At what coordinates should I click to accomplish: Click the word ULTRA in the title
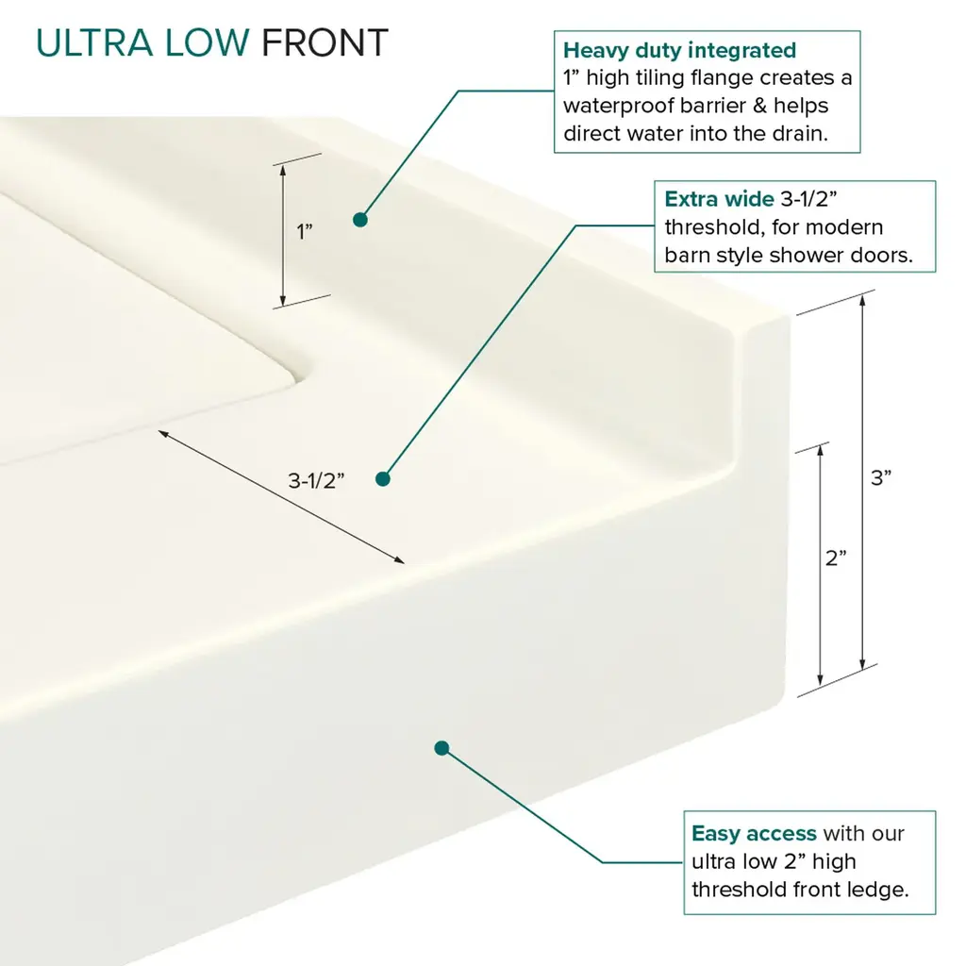(94, 43)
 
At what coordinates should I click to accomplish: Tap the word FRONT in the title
(325, 43)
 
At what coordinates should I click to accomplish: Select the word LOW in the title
(207, 43)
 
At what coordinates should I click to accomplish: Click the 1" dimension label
(305, 232)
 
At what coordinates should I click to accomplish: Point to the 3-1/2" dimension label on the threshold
(316, 480)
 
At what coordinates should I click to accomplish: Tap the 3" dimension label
(881, 477)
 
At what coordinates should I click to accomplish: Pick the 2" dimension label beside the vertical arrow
(836, 558)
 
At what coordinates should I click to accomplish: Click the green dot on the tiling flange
(360, 219)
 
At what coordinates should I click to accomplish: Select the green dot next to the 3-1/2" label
(383, 478)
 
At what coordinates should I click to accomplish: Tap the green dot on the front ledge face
(441, 748)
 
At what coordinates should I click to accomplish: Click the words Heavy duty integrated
(679, 50)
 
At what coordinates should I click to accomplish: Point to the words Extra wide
(719, 199)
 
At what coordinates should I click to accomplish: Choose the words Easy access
(754, 834)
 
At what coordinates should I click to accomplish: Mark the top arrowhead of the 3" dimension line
(862, 299)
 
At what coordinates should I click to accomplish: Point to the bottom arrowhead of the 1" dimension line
(283, 301)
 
